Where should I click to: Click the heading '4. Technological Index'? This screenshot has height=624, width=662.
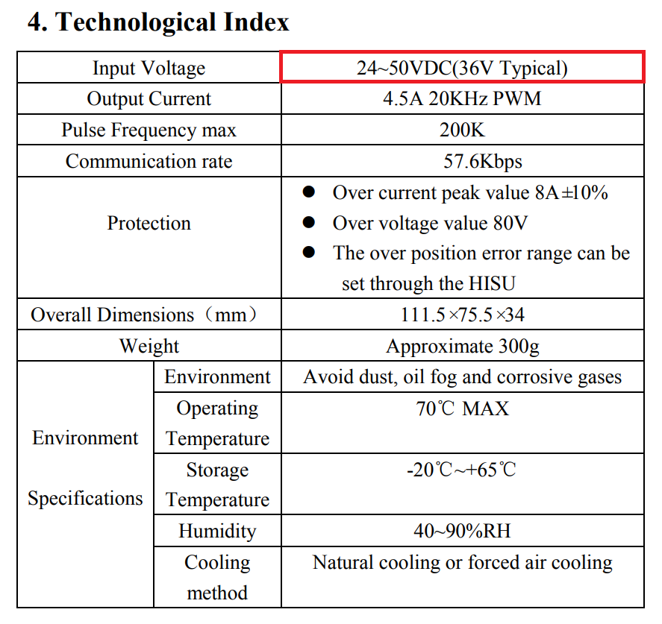click(x=158, y=22)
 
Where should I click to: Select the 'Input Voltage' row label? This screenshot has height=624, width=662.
click(x=149, y=69)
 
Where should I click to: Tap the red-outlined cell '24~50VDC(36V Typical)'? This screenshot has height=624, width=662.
click(x=462, y=68)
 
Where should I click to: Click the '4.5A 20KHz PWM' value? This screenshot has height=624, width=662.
click(x=462, y=99)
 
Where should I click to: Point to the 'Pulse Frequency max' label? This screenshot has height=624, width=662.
click(x=149, y=130)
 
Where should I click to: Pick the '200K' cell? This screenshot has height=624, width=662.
click(x=462, y=130)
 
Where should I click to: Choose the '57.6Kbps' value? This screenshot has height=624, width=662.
click(x=462, y=162)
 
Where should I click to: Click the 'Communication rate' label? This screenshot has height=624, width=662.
click(x=149, y=162)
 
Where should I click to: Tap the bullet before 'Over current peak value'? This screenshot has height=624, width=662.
click(x=310, y=193)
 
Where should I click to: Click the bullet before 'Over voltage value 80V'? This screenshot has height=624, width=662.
click(x=310, y=223)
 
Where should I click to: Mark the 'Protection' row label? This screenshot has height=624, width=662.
click(x=149, y=223)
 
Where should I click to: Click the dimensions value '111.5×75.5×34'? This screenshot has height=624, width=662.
click(x=462, y=315)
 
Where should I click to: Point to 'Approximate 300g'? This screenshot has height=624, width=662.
click(x=462, y=347)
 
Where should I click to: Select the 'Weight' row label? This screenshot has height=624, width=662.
click(x=149, y=347)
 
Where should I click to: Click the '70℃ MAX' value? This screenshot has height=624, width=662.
click(x=462, y=409)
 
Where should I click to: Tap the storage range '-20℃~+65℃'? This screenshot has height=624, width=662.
click(x=462, y=470)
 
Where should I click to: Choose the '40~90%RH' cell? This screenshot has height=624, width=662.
click(x=462, y=532)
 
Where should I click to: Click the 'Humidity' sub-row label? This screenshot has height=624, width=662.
click(x=216, y=532)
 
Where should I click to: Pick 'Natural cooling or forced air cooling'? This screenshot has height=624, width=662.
click(x=462, y=563)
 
